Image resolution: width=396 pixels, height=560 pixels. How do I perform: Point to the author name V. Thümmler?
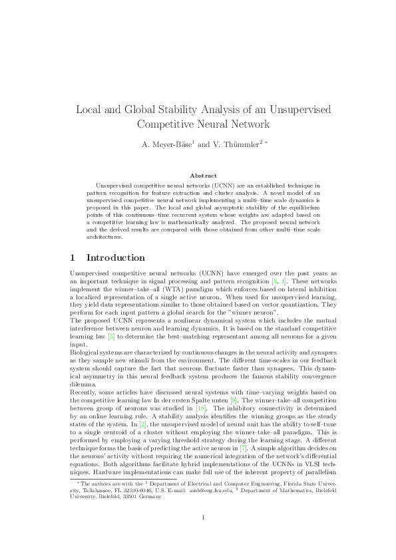pos(228,144)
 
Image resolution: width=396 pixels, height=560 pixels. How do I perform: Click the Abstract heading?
pos(198,176)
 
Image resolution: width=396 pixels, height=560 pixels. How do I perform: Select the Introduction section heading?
pos(116,257)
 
